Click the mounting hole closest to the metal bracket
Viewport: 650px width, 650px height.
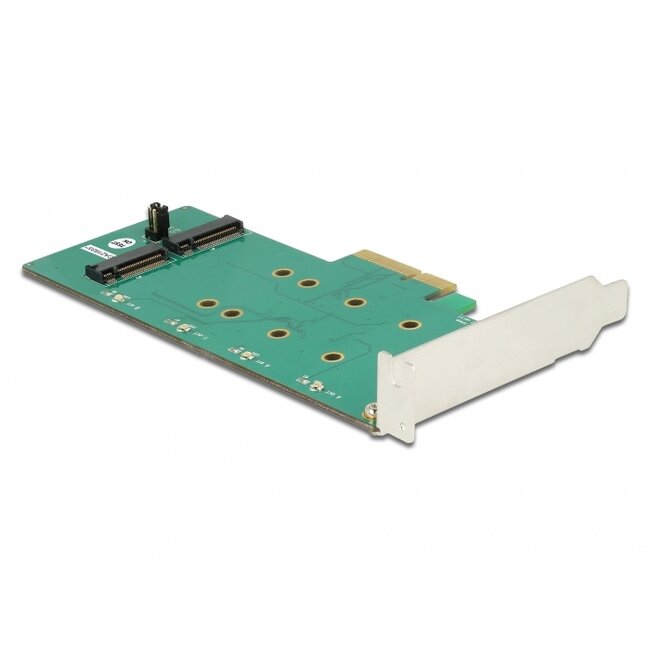[x=407, y=325]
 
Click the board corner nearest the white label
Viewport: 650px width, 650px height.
[x=25, y=269]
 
